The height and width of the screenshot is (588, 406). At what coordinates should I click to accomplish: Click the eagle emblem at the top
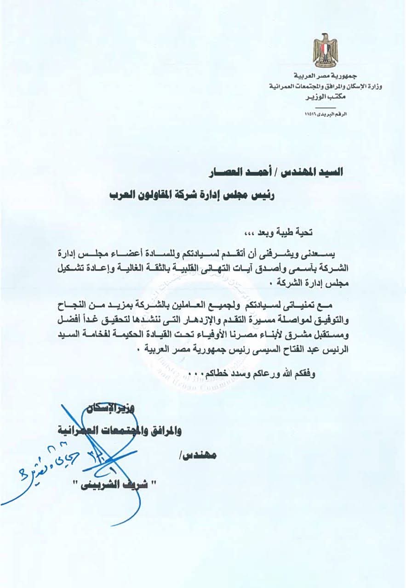point(326,50)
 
